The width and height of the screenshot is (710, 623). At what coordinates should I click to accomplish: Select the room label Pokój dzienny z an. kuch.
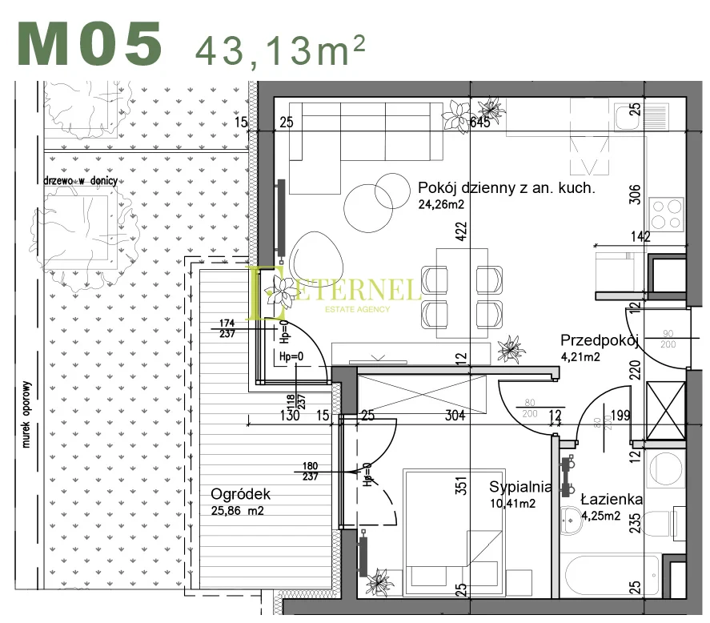(506, 188)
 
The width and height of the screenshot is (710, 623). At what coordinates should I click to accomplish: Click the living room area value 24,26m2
(441, 204)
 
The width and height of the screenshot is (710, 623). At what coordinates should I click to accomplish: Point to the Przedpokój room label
(599, 340)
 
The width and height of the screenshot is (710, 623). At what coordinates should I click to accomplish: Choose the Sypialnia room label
(520, 487)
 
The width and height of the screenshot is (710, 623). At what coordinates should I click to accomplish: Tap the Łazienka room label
(612, 500)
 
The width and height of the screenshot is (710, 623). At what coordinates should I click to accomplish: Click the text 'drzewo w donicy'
(81, 181)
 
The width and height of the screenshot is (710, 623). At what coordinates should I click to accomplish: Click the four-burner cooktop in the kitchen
(666, 214)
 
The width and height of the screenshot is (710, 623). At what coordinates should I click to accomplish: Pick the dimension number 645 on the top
(479, 123)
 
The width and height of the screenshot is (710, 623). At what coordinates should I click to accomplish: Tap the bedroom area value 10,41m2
(512, 503)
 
